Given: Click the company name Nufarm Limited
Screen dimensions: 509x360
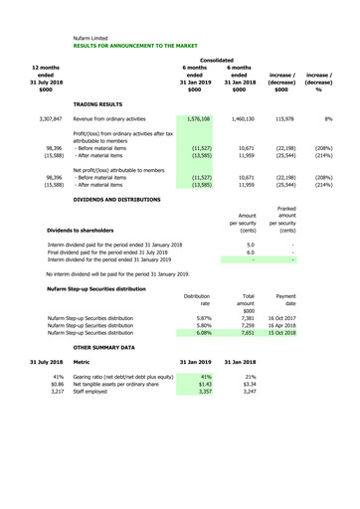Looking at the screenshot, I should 95,38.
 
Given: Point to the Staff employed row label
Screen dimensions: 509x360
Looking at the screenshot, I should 100,406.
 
